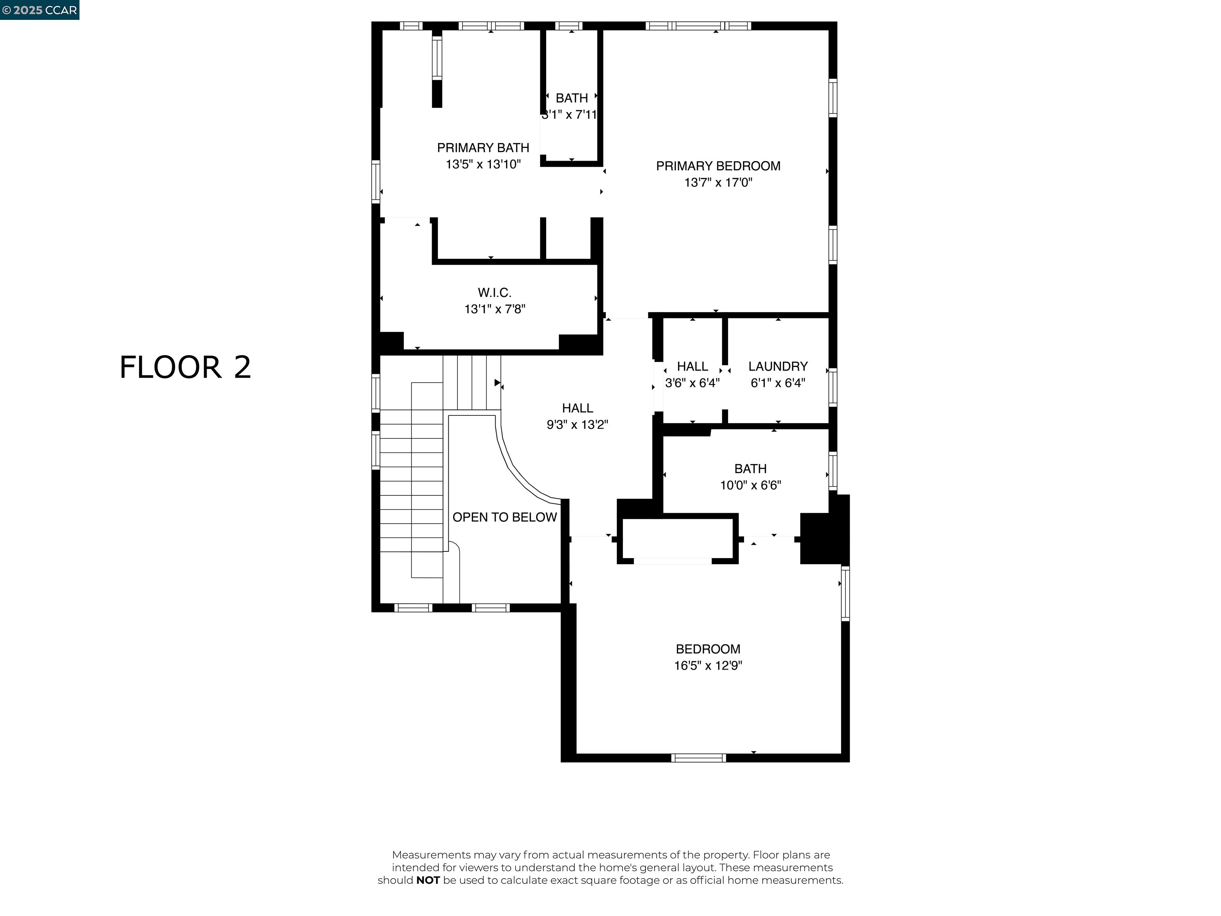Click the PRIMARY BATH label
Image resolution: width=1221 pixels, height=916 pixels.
click(x=483, y=148)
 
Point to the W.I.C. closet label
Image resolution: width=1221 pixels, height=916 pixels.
click(x=494, y=293)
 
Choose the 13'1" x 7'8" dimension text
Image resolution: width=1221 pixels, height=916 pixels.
click(x=494, y=309)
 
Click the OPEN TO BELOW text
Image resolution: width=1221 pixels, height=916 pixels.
click(x=504, y=517)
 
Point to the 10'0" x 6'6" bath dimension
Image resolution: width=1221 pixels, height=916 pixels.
click(x=750, y=485)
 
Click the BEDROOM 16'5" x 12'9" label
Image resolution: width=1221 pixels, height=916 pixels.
click(x=707, y=657)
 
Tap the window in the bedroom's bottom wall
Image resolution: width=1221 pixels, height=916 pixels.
click(x=698, y=757)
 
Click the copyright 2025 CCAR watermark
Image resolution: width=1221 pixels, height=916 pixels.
click(x=39, y=10)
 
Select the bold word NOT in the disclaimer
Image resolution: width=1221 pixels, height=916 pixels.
click(x=428, y=880)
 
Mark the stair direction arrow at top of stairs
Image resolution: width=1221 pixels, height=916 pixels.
click(x=497, y=382)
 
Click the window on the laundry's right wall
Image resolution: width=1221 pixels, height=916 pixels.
click(x=832, y=388)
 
